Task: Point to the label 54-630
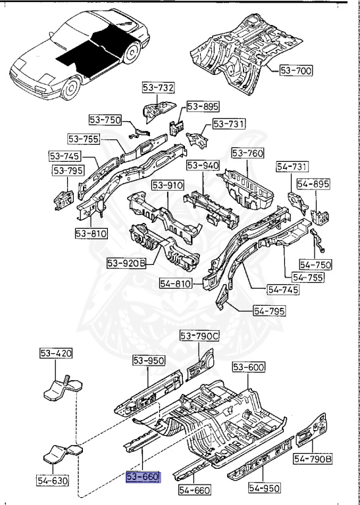50,481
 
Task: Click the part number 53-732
158,88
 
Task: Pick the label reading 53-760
247,154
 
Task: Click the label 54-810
176,283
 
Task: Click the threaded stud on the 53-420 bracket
68,381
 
